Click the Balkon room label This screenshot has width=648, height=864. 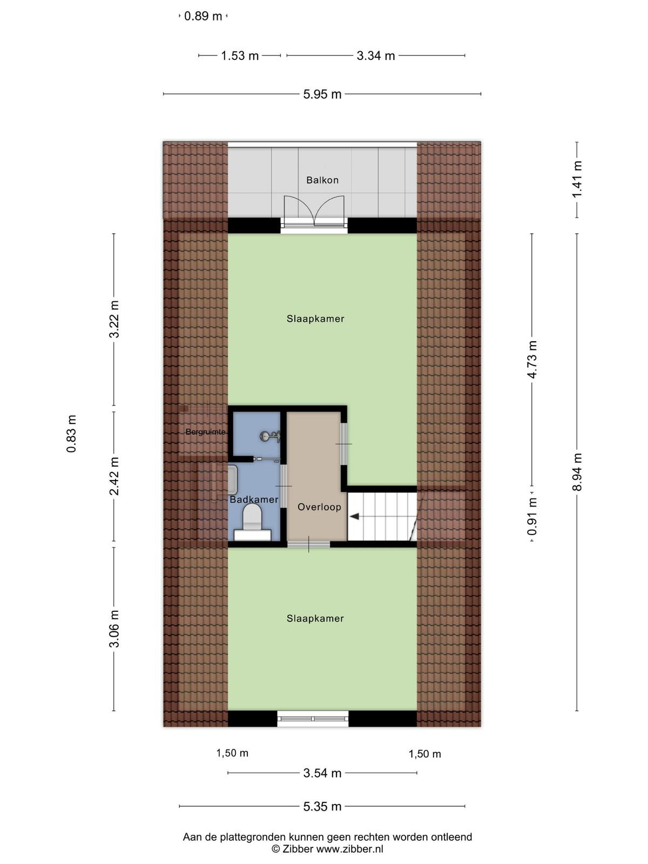[x=322, y=180]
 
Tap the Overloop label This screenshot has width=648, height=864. [x=319, y=507]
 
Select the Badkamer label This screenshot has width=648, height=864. [x=254, y=500]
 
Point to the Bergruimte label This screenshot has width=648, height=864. [x=205, y=432]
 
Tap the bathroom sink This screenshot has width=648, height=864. [x=233, y=480]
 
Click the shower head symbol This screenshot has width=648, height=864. [x=269, y=436]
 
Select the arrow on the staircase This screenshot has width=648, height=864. [x=354, y=516]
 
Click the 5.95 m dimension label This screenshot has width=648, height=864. [x=322, y=94]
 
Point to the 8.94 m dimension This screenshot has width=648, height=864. [x=577, y=472]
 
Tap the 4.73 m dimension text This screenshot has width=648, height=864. [x=532, y=360]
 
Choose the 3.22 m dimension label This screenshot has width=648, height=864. [x=114, y=319]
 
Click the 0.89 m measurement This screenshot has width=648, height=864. [x=203, y=16]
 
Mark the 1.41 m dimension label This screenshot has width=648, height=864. [x=577, y=179]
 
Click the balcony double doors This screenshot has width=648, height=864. [x=314, y=211]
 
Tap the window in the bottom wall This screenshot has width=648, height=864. [x=313, y=719]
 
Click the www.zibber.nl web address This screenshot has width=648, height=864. [x=350, y=849]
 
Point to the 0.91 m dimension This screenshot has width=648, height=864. [x=532, y=516]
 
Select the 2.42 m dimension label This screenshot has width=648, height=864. [x=114, y=476]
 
